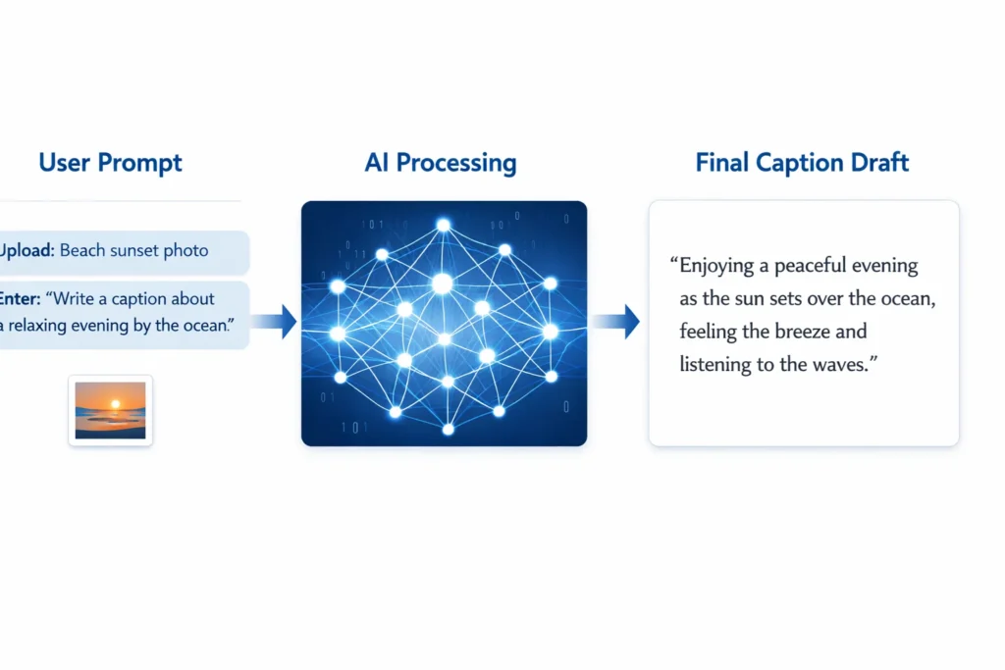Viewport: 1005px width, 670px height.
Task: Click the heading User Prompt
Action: pos(110,162)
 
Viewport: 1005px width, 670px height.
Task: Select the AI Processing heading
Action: pos(441,162)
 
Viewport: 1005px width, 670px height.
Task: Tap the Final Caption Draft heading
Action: pos(802,162)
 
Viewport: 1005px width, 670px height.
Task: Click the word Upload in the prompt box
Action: pos(26,250)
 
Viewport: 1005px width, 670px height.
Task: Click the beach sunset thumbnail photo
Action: pos(110,410)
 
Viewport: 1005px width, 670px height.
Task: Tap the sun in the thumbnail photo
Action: pos(110,402)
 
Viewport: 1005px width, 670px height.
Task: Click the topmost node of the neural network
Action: pos(443,225)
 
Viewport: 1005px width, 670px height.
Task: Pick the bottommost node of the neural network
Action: pos(448,429)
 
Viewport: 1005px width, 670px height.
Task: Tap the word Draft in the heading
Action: pos(875,162)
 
